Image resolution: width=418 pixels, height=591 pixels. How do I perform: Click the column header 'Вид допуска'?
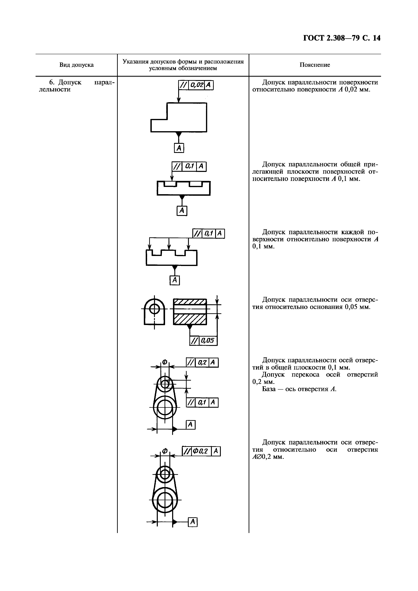pos(76,65)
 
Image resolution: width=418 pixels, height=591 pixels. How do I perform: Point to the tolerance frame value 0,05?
pos(208,341)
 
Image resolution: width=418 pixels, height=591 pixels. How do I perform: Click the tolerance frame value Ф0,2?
pos(201,451)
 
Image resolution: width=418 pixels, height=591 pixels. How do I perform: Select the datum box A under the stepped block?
pos(179,148)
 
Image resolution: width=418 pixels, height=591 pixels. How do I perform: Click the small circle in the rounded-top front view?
pos(154,308)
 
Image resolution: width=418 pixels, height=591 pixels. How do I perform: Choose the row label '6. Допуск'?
pos(65,82)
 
